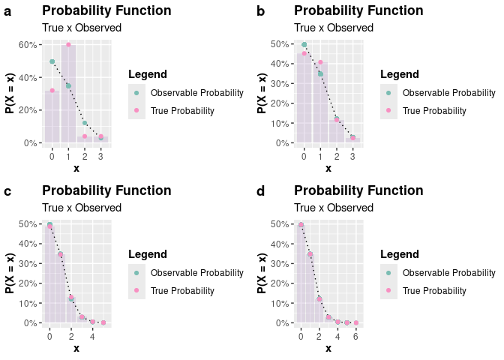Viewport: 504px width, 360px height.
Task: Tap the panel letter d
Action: click(260, 192)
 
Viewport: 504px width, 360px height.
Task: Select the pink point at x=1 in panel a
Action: click(68, 45)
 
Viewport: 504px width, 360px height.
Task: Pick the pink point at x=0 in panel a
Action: click(52, 90)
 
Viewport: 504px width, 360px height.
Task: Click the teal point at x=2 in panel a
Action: click(85, 123)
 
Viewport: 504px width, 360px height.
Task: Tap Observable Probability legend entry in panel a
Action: click(196, 93)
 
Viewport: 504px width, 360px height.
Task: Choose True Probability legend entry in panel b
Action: click(434, 111)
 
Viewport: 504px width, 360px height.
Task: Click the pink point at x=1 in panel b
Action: click(320, 62)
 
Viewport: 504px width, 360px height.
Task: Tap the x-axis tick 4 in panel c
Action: click(92, 335)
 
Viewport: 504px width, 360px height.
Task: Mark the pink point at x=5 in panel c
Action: click(103, 322)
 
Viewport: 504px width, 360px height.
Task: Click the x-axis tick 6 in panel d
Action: click(356, 335)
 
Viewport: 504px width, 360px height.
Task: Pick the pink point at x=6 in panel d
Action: click(356, 322)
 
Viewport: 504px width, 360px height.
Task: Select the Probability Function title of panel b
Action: click(358, 11)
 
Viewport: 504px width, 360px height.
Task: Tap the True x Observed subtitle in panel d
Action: click(334, 208)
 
